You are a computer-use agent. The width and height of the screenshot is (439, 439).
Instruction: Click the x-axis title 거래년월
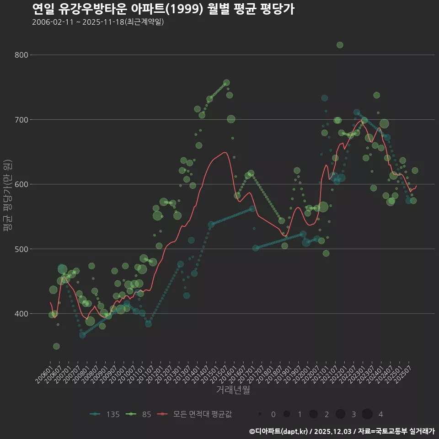(x=233, y=390)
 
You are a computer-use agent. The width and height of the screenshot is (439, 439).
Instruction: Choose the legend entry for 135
(x=105, y=414)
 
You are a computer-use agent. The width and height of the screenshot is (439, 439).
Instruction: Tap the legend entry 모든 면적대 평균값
(x=196, y=414)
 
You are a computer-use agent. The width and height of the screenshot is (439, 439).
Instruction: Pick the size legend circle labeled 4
(x=367, y=414)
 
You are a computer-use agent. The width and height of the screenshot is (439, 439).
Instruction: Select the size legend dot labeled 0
(x=260, y=414)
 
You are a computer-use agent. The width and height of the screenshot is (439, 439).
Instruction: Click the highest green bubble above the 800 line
(x=340, y=45)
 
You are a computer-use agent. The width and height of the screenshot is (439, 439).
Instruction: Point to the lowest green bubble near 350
(x=56, y=346)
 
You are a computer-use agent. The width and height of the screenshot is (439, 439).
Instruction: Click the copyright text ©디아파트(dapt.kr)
(x=278, y=431)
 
